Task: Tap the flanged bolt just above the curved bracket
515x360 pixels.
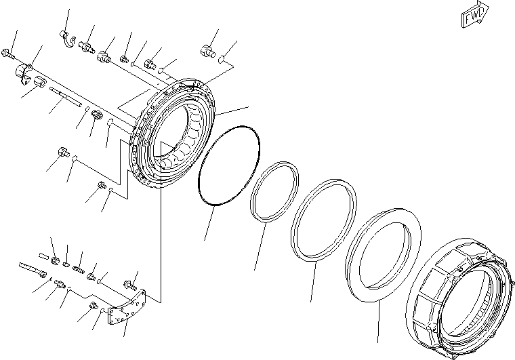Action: click(x=129, y=285)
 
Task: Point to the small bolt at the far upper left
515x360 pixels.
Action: click(x=8, y=52)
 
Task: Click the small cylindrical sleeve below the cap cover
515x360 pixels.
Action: click(x=40, y=83)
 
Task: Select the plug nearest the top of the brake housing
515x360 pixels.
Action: click(x=207, y=49)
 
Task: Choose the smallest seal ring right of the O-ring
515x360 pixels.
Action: click(x=274, y=192)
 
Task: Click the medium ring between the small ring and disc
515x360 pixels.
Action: click(x=324, y=219)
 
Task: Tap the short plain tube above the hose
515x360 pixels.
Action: click(x=43, y=256)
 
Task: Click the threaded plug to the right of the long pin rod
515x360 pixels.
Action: click(x=97, y=115)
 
